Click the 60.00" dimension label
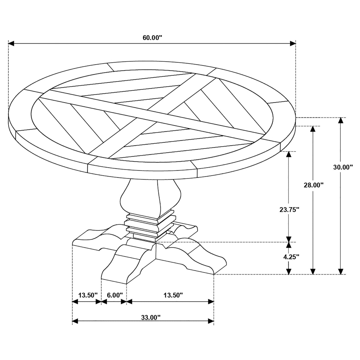[x=152, y=38]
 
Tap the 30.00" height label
[x=343, y=167]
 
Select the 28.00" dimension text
[x=313, y=185]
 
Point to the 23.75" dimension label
[x=289, y=210]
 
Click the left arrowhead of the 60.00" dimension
[x=11, y=44]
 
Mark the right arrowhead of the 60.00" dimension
[x=293, y=44]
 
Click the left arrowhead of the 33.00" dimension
[x=75, y=326]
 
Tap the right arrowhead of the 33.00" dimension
[x=211, y=326]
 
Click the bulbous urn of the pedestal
[x=151, y=198]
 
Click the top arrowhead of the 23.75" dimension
[x=289, y=154]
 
